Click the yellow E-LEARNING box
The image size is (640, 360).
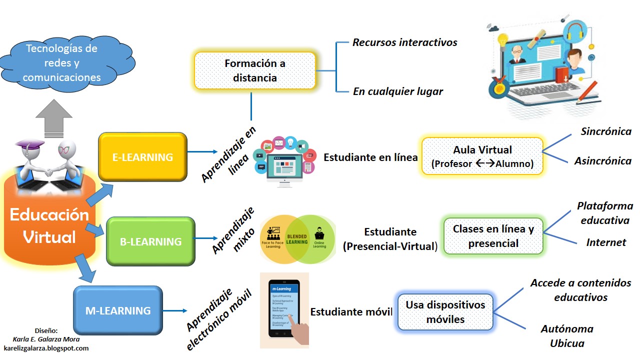click(x=142, y=156)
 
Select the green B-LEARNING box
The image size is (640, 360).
click(x=150, y=241)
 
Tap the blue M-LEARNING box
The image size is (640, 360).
click(x=118, y=310)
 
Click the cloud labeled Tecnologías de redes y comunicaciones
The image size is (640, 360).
click(x=61, y=63)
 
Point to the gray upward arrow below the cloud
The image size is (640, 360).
click(x=54, y=119)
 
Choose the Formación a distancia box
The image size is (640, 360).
click(x=255, y=70)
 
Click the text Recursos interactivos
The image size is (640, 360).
click(x=404, y=42)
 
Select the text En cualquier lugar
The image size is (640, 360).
click(x=397, y=91)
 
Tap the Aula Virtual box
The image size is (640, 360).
click(x=482, y=156)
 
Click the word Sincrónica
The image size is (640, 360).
click(x=606, y=131)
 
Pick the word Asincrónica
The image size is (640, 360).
click(x=602, y=161)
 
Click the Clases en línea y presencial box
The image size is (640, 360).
click(x=493, y=236)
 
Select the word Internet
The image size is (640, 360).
click(x=606, y=242)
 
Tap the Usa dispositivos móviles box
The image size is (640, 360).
click(x=445, y=312)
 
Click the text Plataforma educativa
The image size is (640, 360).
click(x=604, y=213)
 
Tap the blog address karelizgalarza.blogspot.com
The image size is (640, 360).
click(x=46, y=348)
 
